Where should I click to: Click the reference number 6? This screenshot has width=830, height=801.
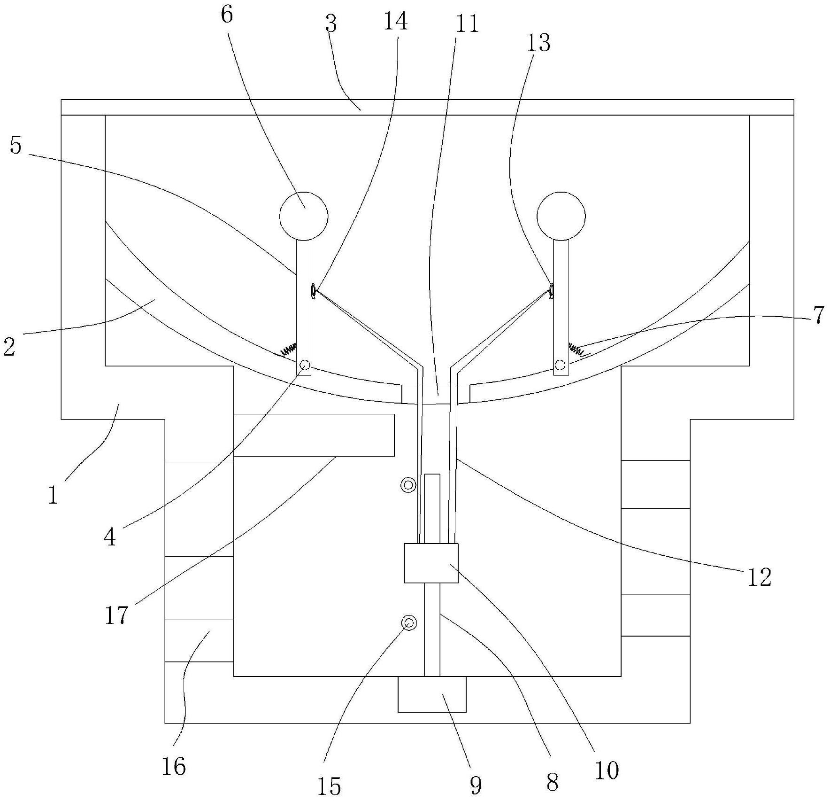226,15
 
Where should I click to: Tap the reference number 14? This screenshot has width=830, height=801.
395,21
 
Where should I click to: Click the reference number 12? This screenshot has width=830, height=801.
759,577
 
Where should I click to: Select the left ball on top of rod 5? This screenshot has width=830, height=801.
304,216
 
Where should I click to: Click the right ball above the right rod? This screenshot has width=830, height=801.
561,216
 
